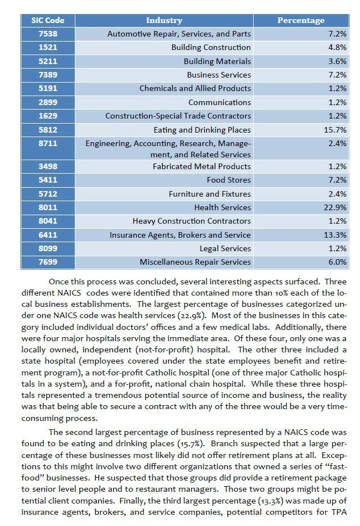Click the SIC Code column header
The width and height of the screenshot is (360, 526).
pos(48,20)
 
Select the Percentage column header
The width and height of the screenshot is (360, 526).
pos(301,20)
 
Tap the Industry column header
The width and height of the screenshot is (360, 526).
pos(164,20)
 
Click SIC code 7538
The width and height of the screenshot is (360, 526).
pos(48,34)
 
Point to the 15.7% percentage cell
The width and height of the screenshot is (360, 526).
pos(336,130)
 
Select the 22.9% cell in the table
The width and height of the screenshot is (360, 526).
pos(336,207)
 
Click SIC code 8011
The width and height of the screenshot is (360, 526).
pos(48,207)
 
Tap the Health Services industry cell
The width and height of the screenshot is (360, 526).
pos(222,207)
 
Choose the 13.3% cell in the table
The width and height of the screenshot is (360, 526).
pos(336,235)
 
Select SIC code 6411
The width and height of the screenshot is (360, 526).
pos(48,235)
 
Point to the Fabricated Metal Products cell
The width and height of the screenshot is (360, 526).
pos(202,166)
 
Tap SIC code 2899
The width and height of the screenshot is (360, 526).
pos(48,102)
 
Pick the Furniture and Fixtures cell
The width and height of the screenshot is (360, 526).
pos(210,194)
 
